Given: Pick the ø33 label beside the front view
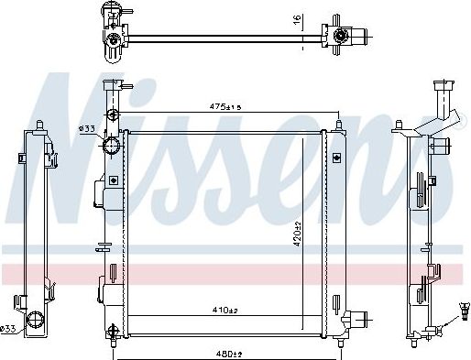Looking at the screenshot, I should (87, 127).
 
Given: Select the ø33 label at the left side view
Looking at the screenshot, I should (8, 328).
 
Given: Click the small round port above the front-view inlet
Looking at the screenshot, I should (113, 117).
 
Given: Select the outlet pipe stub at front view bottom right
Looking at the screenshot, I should (362, 321).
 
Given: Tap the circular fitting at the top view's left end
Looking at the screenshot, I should (114, 38).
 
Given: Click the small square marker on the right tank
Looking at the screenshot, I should (334, 158).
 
